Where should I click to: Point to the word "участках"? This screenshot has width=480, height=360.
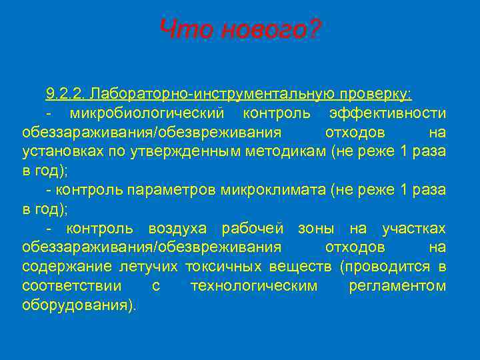(x=413, y=229)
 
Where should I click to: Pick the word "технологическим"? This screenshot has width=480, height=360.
(x=254, y=287)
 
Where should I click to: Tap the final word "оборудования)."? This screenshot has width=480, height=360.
(x=78, y=306)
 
